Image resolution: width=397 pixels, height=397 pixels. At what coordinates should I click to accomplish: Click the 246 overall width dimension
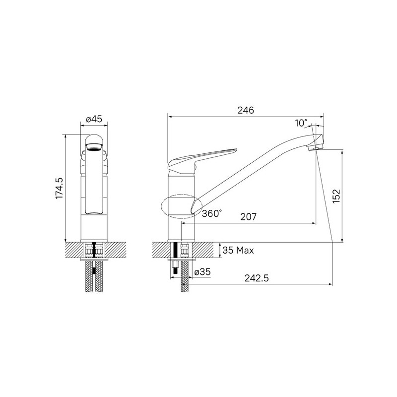(x=246, y=110)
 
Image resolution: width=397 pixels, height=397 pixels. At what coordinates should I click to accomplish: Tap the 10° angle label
(x=301, y=123)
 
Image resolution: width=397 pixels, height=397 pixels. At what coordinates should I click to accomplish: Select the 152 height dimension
(x=336, y=196)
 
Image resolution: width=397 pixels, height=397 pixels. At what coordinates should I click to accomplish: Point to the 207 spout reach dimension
(x=249, y=217)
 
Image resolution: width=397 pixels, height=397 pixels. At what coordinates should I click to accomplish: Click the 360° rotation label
(x=212, y=213)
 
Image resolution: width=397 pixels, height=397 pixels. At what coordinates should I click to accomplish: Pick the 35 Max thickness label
(x=238, y=251)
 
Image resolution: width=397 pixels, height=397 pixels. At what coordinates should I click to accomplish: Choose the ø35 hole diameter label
(x=202, y=272)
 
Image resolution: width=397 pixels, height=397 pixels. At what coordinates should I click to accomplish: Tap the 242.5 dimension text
(x=256, y=278)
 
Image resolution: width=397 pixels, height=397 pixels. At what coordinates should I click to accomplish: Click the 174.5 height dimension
(x=59, y=188)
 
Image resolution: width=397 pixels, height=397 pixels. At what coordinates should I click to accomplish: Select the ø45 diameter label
(x=94, y=119)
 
